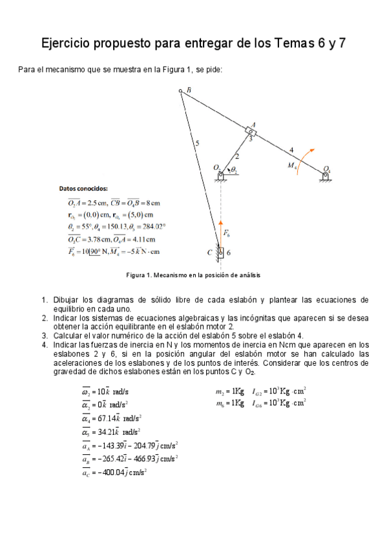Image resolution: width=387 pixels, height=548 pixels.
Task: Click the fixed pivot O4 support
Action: (326, 174)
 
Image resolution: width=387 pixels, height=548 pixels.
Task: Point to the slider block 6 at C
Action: (220, 251)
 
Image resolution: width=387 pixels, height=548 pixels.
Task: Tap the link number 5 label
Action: (197, 143)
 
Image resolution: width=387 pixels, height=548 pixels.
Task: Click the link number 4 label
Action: (291, 150)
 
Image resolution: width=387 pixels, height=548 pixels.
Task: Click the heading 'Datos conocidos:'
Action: (83, 189)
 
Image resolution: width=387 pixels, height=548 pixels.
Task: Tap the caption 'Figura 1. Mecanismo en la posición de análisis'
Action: (193, 275)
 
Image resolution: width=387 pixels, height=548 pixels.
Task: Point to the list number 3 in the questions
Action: (45, 335)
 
